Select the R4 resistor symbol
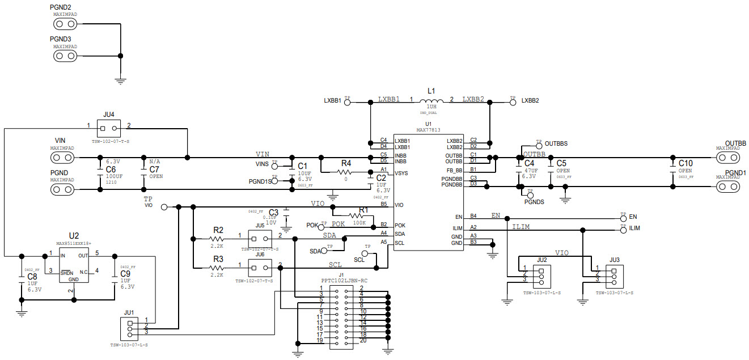pos(346,171)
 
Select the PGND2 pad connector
pos(65,24)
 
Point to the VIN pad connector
pos(65,157)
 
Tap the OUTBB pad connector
pos(728,157)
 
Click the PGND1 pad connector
pos(728,187)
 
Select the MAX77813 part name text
pos(428,129)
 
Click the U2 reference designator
pos(74,235)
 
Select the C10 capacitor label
pos(685,163)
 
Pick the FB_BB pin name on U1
pos(454,170)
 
